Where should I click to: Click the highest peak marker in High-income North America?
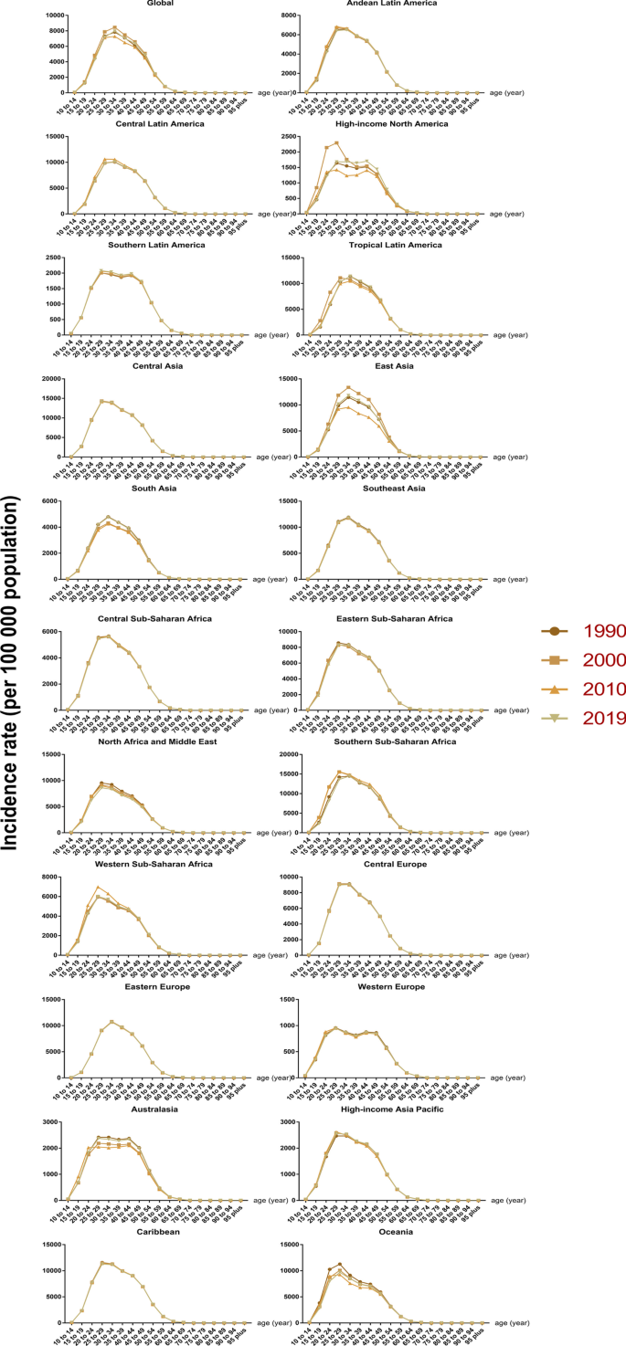coord(336,142)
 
